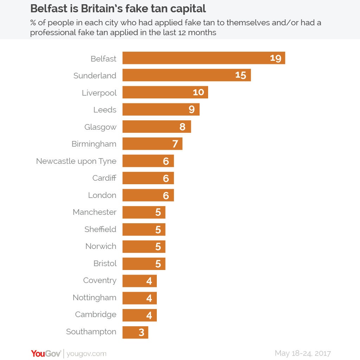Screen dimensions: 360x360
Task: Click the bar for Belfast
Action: click(x=204, y=58)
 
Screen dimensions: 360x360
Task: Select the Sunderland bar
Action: click(x=186, y=75)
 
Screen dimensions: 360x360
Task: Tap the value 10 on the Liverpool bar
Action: click(x=198, y=92)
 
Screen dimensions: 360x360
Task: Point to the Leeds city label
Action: click(x=105, y=110)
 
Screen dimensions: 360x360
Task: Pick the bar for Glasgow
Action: click(x=156, y=127)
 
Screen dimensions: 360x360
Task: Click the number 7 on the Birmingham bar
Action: click(x=175, y=144)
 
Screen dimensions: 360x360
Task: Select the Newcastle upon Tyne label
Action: click(x=76, y=161)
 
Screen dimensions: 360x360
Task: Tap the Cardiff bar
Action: click(x=148, y=178)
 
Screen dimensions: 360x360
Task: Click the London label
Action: click(x=102, y=195)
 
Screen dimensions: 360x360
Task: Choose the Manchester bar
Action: click(x=144, y=212)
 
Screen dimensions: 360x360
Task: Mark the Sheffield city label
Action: click(x=100, y=229)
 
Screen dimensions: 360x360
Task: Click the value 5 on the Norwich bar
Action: click(x=158, y=247)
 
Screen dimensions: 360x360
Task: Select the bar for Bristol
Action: click(x=144, y=264)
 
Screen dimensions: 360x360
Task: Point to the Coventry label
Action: click(x=99, y=281)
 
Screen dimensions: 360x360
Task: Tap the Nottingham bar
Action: click(x=139, y=298)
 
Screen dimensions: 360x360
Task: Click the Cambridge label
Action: click(x=96, y=315)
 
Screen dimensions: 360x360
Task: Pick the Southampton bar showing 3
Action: click(x=135, y=332)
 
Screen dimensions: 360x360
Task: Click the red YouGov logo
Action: click(x=46, y=353)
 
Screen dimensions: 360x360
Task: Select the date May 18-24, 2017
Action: click(x=303, y=353)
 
